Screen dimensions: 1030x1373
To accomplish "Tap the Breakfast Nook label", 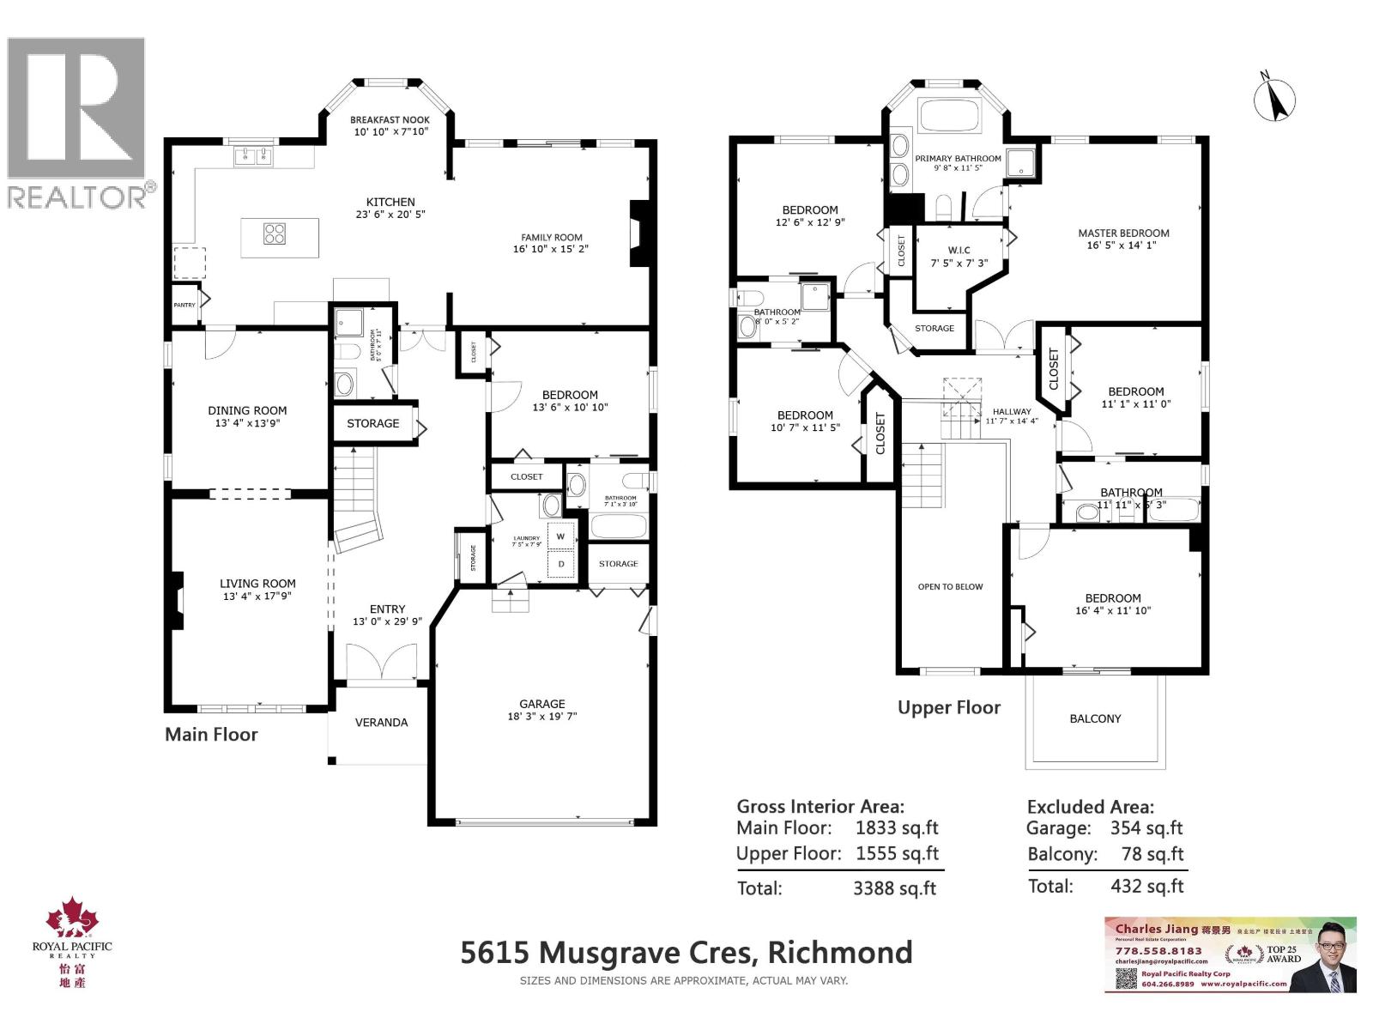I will point(390,120).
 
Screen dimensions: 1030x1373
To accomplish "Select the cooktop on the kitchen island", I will point(275,233).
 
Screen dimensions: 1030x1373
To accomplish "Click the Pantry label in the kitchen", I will point(184,305).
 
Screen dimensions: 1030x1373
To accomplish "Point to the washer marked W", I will point(561,536).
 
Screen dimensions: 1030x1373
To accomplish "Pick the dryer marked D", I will point(561,564).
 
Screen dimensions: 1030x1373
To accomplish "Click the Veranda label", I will point(381,723).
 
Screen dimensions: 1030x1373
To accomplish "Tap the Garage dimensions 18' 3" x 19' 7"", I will point(541,716).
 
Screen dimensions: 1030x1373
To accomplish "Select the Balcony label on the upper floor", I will point(1095,718).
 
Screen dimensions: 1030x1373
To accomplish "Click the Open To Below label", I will point(950,587).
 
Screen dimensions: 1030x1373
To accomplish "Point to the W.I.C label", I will point(959,251).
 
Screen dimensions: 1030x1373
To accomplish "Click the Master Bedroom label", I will point(1123,233).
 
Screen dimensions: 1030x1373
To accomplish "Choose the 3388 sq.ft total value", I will point(894,888).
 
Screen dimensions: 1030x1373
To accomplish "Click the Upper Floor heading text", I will point(949,707).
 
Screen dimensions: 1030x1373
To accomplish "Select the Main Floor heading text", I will point(211,734).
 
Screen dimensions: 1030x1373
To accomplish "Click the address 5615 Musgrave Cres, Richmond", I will point(686,953).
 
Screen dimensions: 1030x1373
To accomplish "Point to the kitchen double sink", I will point(252,156).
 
